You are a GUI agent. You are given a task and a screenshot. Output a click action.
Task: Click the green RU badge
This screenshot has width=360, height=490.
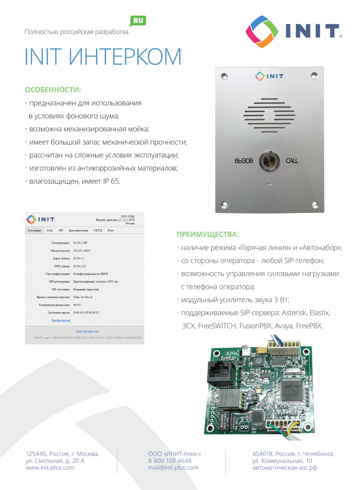[x=138, y=21]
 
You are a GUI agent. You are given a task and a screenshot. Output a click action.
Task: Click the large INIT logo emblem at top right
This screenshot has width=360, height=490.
[x=262, y=32]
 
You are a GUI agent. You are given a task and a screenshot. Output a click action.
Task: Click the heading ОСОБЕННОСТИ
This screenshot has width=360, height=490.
[x=53, y=90]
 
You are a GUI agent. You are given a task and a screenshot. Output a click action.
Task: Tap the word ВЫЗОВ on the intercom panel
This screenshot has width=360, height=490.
[x=243, y=161]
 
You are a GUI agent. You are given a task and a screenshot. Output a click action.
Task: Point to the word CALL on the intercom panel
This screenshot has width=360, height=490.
[x=292, y=161]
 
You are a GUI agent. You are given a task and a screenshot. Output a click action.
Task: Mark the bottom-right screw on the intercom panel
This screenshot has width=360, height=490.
[x=314, y=204]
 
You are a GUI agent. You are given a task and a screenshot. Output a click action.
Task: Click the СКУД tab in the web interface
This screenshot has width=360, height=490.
[x=98, y=230]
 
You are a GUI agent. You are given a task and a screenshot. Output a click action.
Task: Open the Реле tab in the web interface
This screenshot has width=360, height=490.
[x=110, y=230]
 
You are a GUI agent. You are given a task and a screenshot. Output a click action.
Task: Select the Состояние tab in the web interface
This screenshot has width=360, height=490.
[x=34, y=230]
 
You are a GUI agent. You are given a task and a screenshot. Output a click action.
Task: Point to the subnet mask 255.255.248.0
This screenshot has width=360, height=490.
[x=82, y=250]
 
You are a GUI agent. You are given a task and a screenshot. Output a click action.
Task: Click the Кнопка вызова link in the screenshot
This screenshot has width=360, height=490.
[x=61, y=320]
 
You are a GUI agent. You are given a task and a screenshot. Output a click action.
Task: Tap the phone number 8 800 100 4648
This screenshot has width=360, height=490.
[x=170, y=461]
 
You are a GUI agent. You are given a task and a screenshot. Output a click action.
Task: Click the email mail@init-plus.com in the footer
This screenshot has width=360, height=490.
[x=173, y=468]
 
